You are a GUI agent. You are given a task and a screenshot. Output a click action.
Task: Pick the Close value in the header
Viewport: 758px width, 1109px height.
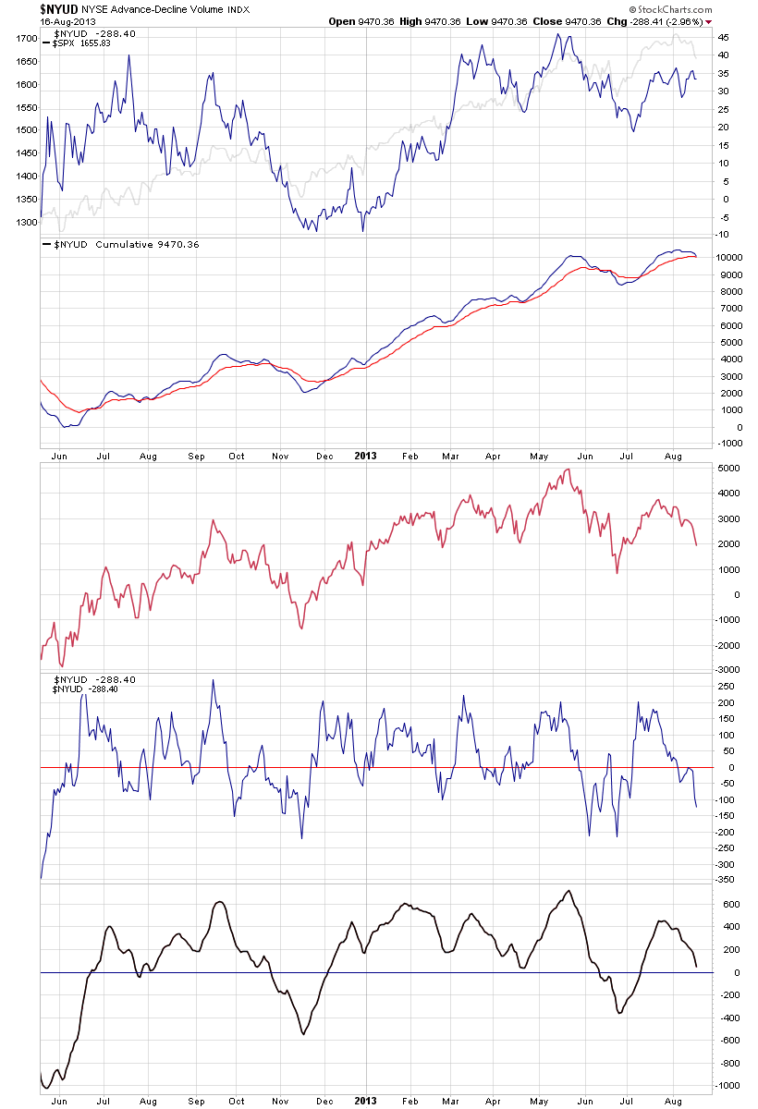611,21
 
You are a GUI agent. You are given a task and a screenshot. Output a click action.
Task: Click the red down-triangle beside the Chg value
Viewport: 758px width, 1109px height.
708,21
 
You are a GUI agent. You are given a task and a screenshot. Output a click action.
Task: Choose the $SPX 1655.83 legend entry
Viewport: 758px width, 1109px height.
79,43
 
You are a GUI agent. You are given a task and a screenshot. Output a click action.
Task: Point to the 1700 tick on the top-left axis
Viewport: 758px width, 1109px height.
26,39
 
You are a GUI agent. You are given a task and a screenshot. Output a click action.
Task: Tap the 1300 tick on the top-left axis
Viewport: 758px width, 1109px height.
26,222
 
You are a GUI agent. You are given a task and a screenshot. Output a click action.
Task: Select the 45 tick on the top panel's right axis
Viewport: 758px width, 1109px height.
724,39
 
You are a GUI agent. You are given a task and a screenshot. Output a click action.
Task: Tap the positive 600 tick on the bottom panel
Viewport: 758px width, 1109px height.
726,905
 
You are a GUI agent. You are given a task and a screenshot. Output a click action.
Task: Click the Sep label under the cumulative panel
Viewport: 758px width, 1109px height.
195,456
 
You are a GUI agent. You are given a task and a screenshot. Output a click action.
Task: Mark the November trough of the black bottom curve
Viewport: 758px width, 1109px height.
302,1033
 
